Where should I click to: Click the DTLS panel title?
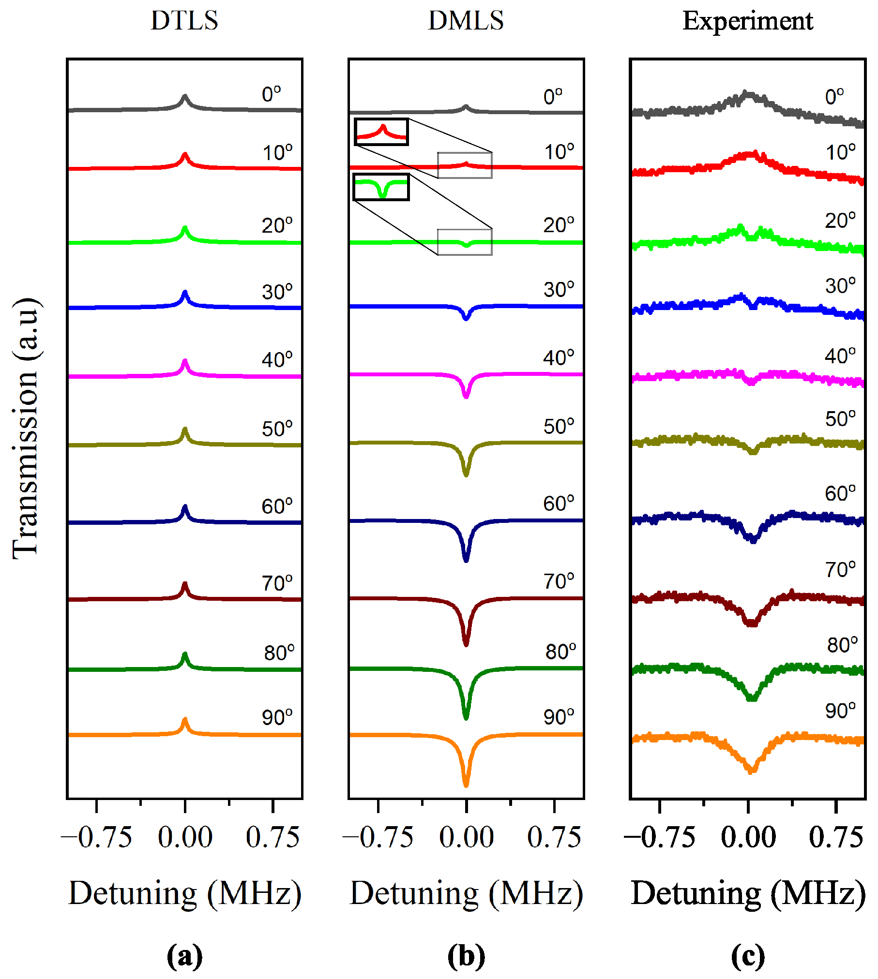(x=184, y=21)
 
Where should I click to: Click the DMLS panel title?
(x=466, y=21)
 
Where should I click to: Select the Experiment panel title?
(x=747, y=21)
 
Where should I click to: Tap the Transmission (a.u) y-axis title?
(x=25, y=428)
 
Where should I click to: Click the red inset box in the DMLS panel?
(x=381, y=132)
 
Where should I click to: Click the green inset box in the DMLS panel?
(x=381, y=187)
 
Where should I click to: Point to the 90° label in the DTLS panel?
(x=277, y=717)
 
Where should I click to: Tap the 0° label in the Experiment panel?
(x=834, y=97)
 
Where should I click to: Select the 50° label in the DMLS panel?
(x=559, y=427)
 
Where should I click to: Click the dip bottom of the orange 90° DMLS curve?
(x=466, y=785)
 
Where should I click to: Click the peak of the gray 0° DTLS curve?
(x=184, y=97)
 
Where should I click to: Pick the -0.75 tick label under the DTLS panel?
(x=97, y=838)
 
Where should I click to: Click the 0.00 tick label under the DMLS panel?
(x=466, y=838)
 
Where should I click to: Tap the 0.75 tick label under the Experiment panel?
(x=836, y=838)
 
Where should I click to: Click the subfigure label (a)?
(x=184, y=956)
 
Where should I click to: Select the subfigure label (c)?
(x=747, y=956)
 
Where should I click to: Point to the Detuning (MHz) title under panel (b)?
(x=466, y=893)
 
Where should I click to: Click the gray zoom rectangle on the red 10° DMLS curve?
(x=465, y=165)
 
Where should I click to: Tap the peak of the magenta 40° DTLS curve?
(x=184, y=362)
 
